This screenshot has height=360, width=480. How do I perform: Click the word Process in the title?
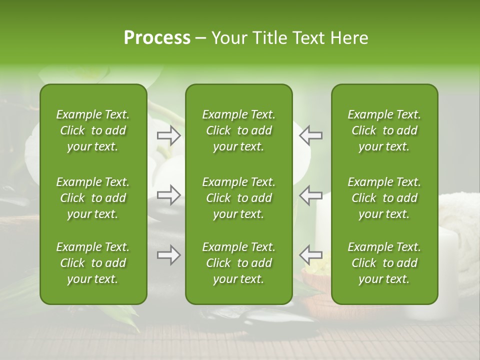point(157,38)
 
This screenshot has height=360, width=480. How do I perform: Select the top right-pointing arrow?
point(169,135)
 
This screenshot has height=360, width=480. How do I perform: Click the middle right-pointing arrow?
point(169,195)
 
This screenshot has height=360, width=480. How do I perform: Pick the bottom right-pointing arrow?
point(169,255)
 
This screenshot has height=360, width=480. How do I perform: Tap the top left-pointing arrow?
point(310,135)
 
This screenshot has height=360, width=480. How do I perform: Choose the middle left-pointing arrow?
point(310,195)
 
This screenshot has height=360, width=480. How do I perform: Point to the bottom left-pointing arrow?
point(310,255)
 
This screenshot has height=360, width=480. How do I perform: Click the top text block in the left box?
point(93,130)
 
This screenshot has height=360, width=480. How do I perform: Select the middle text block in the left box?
point(93,198)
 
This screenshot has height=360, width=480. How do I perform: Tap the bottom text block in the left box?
point(93,263)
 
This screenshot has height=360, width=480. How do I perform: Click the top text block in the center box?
point(238,130)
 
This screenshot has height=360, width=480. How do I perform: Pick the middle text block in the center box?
point(238,198)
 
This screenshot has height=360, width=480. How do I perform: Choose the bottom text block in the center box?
point(238,263)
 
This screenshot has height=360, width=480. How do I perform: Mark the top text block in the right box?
point(384,130)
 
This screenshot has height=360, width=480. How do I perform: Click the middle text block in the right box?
point(384,198)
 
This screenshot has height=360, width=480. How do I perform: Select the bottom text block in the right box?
point(384,263)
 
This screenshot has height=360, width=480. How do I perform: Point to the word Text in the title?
point(306,38)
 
